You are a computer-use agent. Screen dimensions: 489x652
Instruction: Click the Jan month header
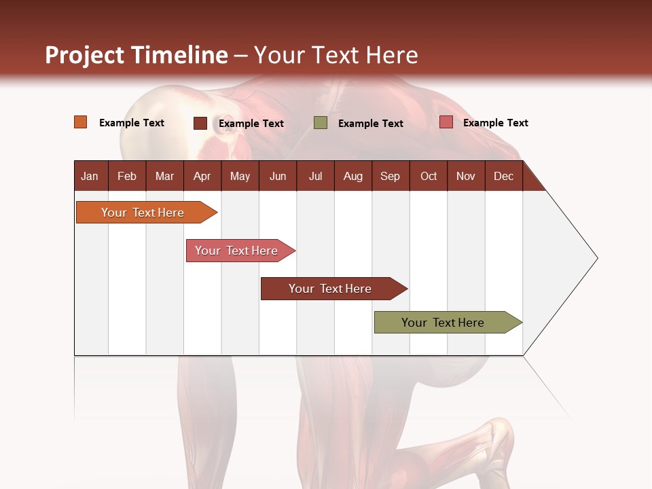[90, 176]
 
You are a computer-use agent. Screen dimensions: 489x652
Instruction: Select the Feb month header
[127, 176]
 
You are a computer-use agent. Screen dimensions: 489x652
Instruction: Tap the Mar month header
[164, 176]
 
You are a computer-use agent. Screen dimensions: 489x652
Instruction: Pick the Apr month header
[202, 176]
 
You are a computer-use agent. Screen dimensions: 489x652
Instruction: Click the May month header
[240, 176]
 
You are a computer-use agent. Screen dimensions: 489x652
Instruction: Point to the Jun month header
[278, 176]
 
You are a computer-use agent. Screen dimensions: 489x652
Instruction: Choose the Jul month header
[315, 176]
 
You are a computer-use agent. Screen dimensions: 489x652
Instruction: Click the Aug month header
[353, 176]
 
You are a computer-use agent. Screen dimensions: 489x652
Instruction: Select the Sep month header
[391, 176]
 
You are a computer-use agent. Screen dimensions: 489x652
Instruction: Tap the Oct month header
[429, 176]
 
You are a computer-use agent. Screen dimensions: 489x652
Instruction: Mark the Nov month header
[466, 176]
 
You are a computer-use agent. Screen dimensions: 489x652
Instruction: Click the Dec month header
[504, 176]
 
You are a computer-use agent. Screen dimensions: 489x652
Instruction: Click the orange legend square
[81, 122]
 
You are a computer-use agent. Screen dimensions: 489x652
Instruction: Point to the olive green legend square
[321, 123]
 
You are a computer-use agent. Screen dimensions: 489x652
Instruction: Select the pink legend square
[446, 122]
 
